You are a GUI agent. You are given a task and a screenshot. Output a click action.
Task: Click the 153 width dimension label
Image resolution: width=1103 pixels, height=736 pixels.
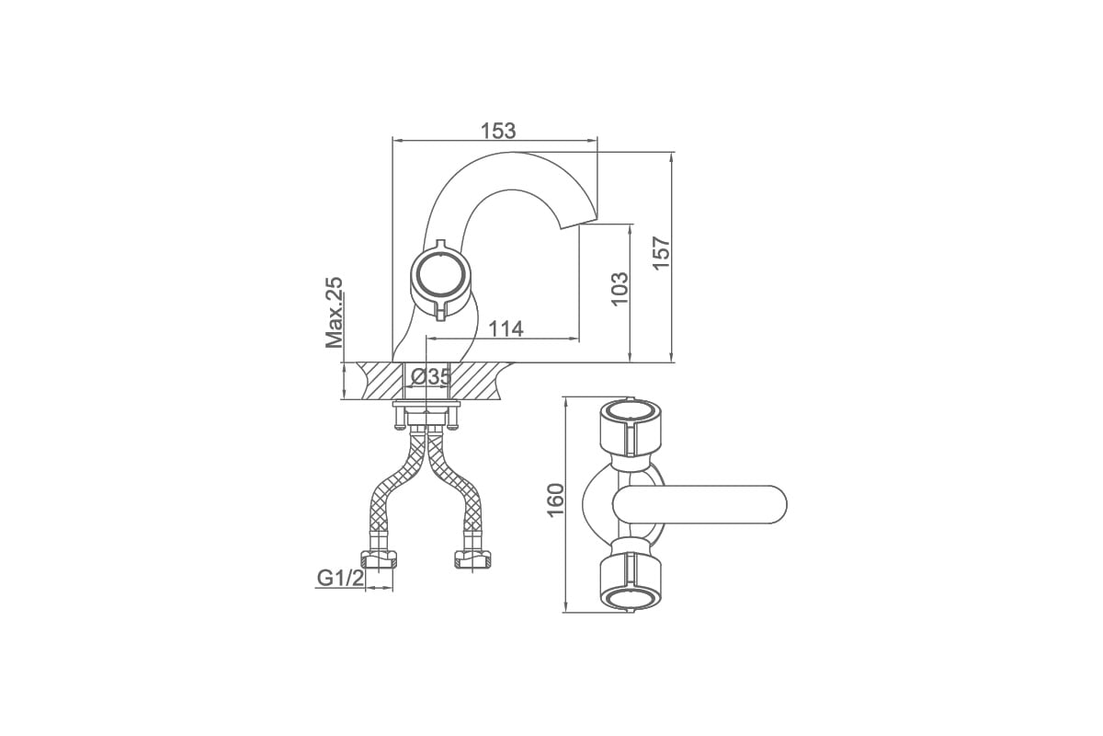pyautogui.click(x=498, y=132)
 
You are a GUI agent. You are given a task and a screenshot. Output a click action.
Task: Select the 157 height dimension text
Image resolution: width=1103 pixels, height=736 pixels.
pyautogui.click(x=662, y=253)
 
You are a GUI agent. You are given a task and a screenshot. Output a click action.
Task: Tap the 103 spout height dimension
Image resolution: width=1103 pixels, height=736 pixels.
pyautogui.click(x=620, y=288)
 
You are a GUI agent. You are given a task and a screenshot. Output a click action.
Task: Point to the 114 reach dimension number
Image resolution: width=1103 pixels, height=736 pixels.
pyautogui.click(x=506, y=328)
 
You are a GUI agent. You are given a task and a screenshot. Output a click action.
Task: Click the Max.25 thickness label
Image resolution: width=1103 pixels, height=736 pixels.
pyautogui.click(x=334, y=313)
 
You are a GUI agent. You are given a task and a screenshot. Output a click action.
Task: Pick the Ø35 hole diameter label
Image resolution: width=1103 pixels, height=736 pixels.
pyautogui.click(x=431, y=377)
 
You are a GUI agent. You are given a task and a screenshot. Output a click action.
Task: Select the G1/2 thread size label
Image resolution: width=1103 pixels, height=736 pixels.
pyautogui.click(x=340, y=578)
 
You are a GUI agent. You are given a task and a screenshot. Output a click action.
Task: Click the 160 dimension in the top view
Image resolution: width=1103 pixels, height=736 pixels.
pyautogui.click(x=555, y=500)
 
